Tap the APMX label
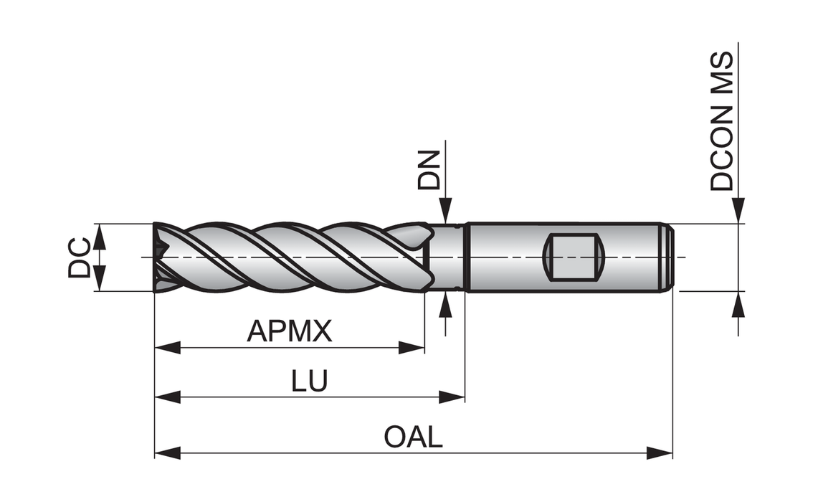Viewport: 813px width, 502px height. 290,331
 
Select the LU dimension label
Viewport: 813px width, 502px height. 310,381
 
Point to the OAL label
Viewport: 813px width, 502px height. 414,437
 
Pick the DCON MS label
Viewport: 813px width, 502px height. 723,120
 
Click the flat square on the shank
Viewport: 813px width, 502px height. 574,257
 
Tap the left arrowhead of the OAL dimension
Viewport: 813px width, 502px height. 166,453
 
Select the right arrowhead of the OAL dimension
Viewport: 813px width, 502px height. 660,453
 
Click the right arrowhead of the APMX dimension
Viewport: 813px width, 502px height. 412,349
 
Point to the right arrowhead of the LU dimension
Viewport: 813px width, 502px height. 452,397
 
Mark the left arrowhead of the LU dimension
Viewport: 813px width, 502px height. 166,397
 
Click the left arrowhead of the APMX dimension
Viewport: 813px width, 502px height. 166,349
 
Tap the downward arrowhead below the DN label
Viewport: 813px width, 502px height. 445,212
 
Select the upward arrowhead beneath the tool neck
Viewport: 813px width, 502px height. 445,304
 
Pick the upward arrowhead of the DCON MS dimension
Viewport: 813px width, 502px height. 738,304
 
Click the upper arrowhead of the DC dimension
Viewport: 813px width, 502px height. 99,236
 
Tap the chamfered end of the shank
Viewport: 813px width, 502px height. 667,257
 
